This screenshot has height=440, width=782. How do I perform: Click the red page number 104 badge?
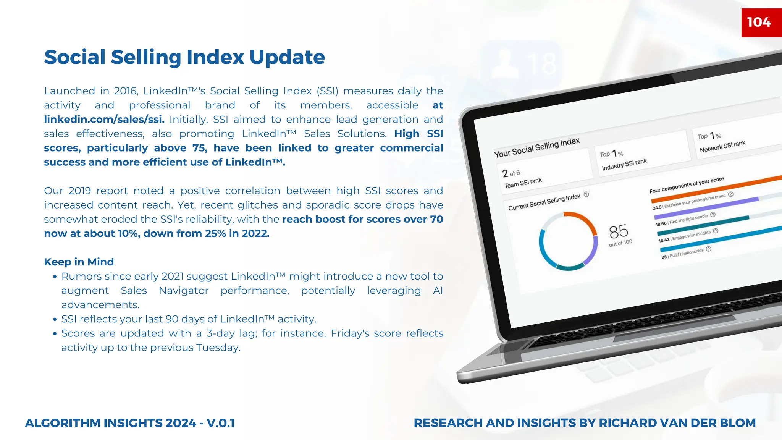pyautogui.click(x=759, y=22)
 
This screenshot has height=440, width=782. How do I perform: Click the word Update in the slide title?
pyautogui.click(x=287, y=57)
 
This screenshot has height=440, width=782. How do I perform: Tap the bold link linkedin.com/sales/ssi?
pyautogui.click(x=104, y=120)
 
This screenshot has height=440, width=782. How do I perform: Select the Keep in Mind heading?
pyautogui.click(x=79, y=262)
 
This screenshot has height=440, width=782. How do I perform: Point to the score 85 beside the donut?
pyautogui.click(x=619, y=231)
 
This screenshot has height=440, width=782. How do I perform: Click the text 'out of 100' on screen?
pyautogui.click(x=620, y=243)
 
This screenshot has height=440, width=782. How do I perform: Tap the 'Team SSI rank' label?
pyautogui.click(x=523, y=183)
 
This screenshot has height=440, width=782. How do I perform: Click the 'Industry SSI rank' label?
pyautogui.click(x=624, y=164)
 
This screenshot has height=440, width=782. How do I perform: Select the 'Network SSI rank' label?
pyautogui.click(x=722, y=146)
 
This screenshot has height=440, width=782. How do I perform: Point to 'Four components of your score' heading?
pyautogui.click(x=687, y=185)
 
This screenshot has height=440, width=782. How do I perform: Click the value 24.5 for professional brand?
pyautogui.click(x=657, y=208)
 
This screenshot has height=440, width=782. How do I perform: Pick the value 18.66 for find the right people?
pyautogui.click(x=661, y=224)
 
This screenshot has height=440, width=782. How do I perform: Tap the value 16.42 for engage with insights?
pyautogui.click(x=664, y=240)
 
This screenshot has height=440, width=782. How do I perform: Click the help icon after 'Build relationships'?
pyautogui.click(x=709, y=249)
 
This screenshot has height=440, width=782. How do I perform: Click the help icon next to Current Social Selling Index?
pyautogui.click(x=586, y=194)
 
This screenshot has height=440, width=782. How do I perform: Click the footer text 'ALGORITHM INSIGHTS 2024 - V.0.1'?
pyautogui.click(x=130, y=423)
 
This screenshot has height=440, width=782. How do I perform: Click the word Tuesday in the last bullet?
pyautogui.click(x=218, y=348)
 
